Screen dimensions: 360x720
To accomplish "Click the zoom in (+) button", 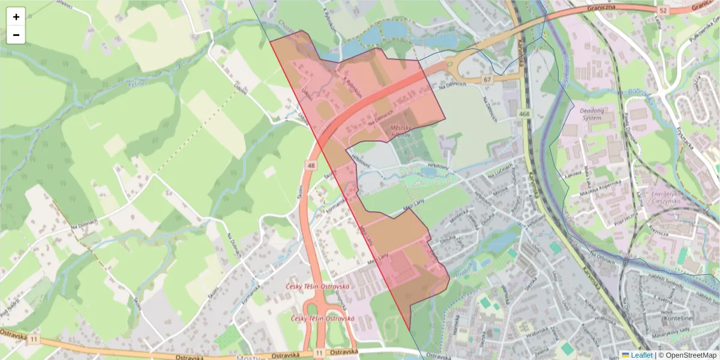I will pyautogui.click(x=16, y=17).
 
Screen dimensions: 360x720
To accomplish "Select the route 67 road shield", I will pyautogui.click(x=487, y=80).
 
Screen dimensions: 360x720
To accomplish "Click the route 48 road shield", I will pyautogui.click(x=311, y=165).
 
